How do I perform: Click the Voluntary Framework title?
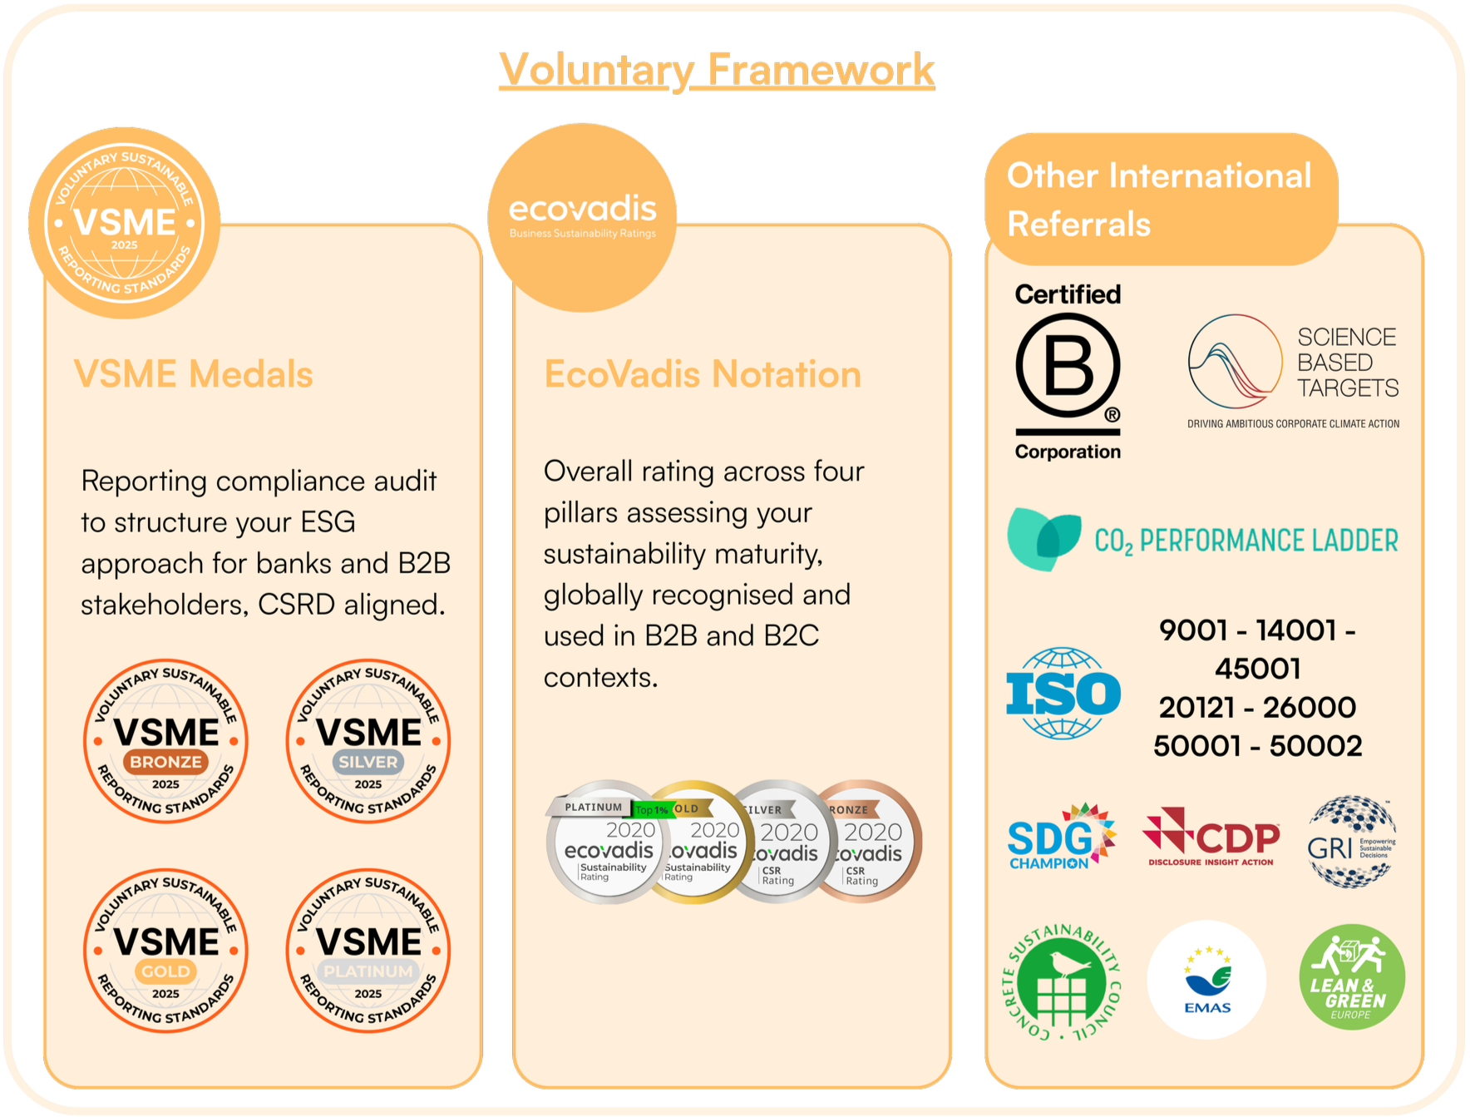[x=717, y=70]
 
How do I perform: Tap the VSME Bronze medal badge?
[x=166, y=741]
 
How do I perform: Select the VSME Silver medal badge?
[x=368, y=741]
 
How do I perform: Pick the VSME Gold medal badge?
[x=166, y=951]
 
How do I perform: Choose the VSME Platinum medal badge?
[x=368, y=951]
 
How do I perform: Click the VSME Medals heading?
[x=194, y=374]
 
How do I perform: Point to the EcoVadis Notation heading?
[x=703, y=374]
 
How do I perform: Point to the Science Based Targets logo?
[x=1293, y=370]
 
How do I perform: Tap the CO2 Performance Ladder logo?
[x=1202, y=540]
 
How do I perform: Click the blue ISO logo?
[x=1063, y=693]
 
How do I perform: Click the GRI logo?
[x=1351, y=842]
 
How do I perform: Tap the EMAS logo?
[x=1206, y=980]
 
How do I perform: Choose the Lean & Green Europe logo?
[x=1352, y=977]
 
